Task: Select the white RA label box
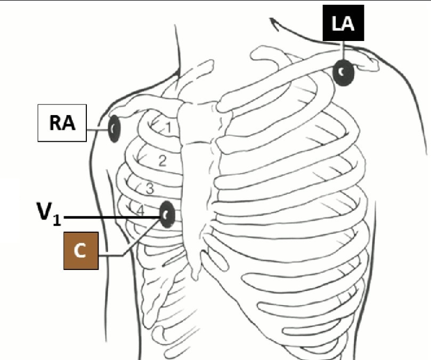(x=62, y=124)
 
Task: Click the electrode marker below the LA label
(x=344, y=73)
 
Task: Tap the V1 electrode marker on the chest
(x=167, y=215)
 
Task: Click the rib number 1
(x=167, y=128)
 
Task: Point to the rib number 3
(x=150, y=188)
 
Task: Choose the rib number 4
(x=141, y=211)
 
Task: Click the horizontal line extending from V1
(x=112, y=217)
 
